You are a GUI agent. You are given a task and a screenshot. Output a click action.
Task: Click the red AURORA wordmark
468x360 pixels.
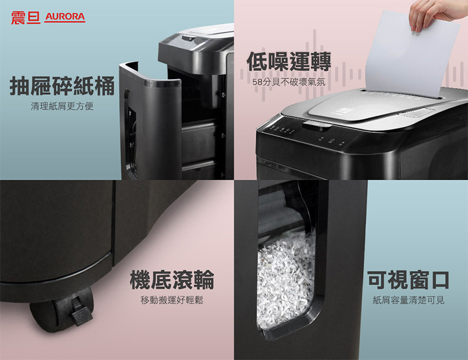coord(65,17)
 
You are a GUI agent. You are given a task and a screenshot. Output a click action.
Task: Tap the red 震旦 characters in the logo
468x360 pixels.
coord(26,18)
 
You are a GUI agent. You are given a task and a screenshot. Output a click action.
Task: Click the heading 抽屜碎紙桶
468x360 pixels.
coord(62,86)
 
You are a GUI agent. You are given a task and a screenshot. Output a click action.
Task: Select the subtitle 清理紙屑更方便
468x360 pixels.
coord(62,106)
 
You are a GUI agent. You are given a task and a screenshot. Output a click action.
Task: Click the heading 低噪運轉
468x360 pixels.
coord(288,61)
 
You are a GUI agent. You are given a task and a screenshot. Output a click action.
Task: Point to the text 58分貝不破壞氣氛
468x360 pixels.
coord(288,82)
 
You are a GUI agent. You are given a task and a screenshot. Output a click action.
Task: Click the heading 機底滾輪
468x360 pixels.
coord(172,280)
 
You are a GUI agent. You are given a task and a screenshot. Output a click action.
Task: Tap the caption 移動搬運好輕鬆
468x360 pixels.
coord(172,300)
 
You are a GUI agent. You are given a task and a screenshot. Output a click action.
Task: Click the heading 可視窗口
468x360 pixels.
coord(408,280)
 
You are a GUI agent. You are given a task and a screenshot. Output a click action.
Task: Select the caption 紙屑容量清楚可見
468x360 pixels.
coord(408,300)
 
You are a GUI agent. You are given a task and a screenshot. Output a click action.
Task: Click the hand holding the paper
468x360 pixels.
coord(436,13)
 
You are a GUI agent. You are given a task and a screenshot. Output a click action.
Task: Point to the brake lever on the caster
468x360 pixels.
coord(81,314)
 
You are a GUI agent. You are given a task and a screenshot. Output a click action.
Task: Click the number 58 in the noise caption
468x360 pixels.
coord(257,82)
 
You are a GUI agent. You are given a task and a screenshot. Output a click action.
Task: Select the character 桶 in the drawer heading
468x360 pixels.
coord(104,86)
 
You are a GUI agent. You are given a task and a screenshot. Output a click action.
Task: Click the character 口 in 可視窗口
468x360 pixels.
coord(439,280)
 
